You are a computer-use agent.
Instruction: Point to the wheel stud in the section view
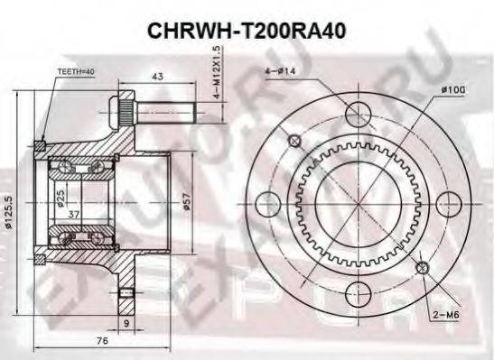pyautogui.click(x=154, y=113)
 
